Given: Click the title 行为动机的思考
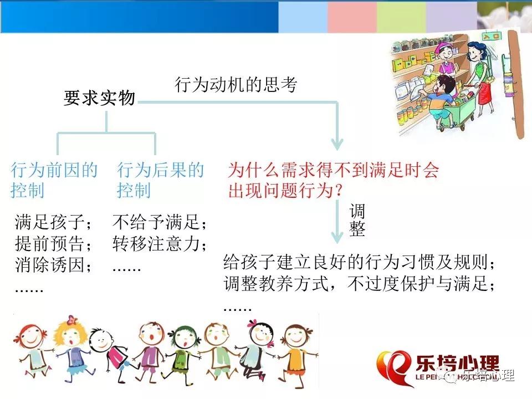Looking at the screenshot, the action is (x=236, y=84).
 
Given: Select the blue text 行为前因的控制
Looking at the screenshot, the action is (x=54, y=180).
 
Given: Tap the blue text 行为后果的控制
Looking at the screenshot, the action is (x=160, y=180).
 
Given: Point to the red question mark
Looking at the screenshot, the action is (x=338, y=191).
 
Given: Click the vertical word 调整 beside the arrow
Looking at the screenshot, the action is (x=357, y=220).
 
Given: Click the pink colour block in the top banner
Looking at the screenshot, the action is (x=352, y=16).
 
